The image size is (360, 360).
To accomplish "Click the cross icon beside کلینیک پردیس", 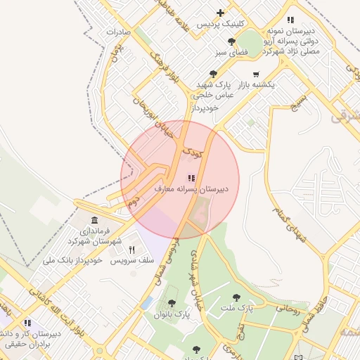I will point(221,13).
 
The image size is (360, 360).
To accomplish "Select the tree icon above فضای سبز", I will point(231,41).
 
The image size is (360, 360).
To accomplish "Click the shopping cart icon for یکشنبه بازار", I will point(255,74).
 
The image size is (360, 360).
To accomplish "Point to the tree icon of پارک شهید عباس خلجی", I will point(213,73).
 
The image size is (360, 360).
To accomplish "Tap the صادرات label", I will point(120,32).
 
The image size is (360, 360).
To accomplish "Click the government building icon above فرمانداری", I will point(95,220).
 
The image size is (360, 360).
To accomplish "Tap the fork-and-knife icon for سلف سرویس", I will point(131,250).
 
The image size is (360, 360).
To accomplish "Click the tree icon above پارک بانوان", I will point(172,304).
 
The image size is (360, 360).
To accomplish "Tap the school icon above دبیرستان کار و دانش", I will point(28,323).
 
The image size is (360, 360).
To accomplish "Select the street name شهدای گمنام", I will point(291,224).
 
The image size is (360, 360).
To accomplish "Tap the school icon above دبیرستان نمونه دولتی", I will point(290,20).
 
